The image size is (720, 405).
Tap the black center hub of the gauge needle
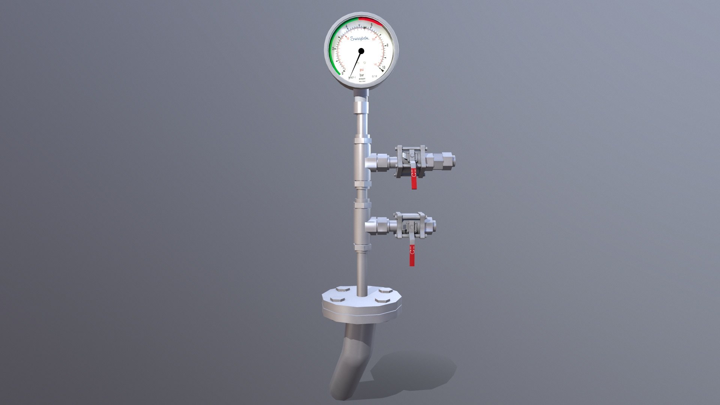[x=361, y=51]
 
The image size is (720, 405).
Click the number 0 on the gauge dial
[x=342, y=73]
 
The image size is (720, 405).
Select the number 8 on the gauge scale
[x=387, y=45]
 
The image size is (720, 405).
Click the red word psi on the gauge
[x=362, y=70]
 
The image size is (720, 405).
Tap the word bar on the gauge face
[x=362, y=75]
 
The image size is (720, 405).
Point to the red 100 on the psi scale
[x=373, y=39]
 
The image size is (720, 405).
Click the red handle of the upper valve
[x=414, y=180]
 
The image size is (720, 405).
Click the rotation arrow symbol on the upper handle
[x=413, y=174]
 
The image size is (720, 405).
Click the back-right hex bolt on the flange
[x=385, y=290]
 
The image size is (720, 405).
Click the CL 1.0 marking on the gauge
[x=374, y=76]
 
